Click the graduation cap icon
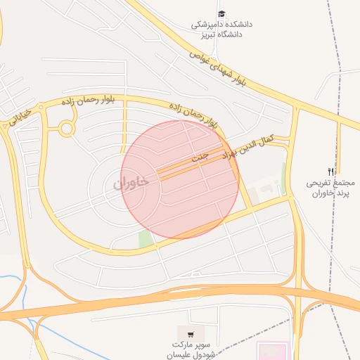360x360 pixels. [221, 14]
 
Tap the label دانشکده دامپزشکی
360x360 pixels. [222, 24]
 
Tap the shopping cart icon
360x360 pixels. [191, 333]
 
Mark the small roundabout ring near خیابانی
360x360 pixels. [67, 128]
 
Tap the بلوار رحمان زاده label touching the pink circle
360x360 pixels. [193, 116]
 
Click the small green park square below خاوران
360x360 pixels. [146, 239]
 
